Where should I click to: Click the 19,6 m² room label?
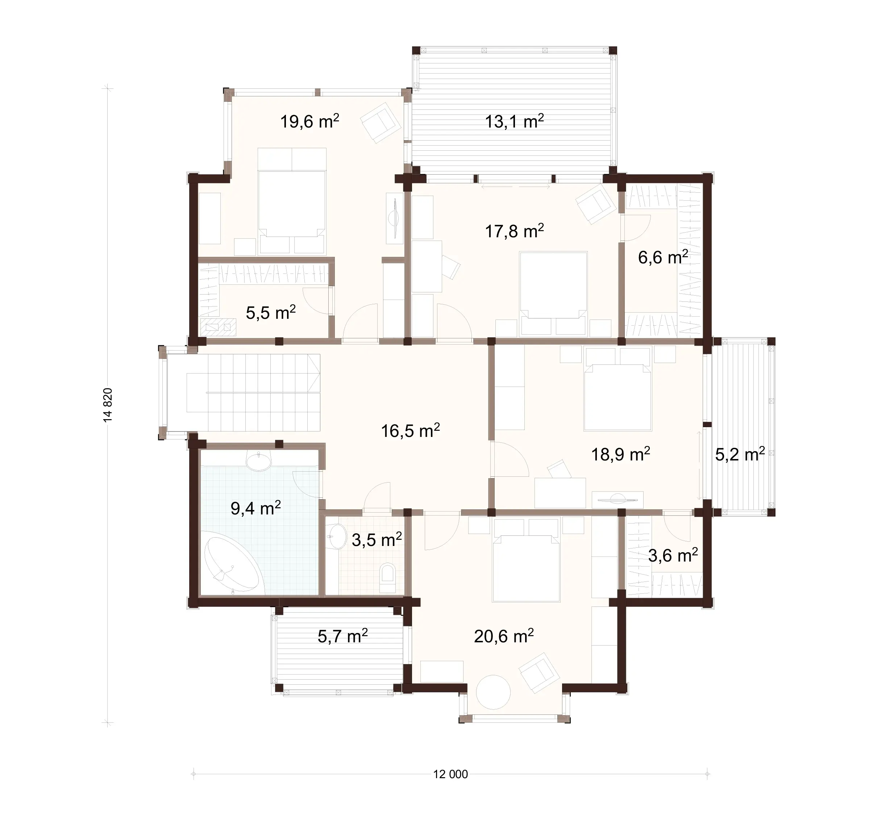coord(310,121)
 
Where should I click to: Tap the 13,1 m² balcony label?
coord(514,121)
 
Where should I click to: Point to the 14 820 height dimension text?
coord(108,405)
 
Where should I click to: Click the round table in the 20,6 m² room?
coord(494,692)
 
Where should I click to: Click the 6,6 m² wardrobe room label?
coord(662,257)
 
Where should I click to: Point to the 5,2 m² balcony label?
coord(739,454)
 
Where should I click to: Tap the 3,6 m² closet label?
coord(672,555)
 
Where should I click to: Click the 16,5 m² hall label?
coord(410,430)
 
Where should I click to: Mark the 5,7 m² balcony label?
coord(342,637)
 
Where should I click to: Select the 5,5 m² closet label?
coord(270,313)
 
